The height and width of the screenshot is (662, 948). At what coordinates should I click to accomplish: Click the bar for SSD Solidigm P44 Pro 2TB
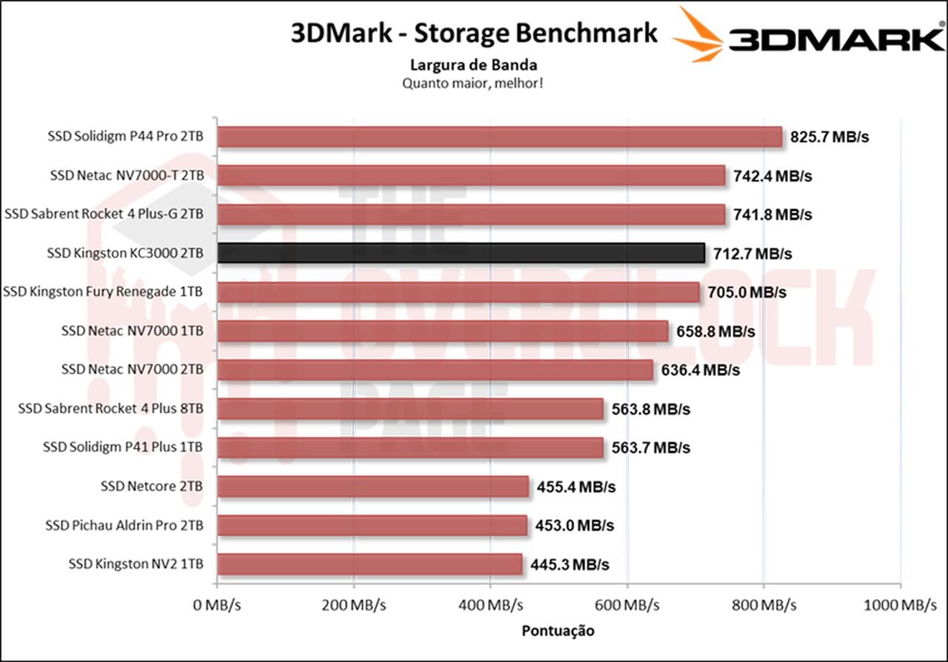[x=500, y=138]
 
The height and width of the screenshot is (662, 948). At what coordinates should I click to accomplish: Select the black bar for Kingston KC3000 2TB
[x=461, y=253]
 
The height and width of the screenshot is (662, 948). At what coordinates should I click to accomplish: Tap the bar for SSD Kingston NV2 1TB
[x=370, y=564]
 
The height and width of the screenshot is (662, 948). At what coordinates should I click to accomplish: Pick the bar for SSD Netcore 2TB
[x=373, y=487]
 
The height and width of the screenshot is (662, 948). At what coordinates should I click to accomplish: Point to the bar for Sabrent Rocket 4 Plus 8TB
[x=411, y=409]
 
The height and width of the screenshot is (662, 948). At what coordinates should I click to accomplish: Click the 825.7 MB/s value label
[x=826, y=138]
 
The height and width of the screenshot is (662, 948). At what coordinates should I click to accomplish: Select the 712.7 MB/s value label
[x=752, y=254]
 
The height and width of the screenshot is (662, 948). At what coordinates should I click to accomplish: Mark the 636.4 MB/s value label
[x=700, y=370]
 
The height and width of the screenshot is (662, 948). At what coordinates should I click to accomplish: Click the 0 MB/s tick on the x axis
[x=216, y=606]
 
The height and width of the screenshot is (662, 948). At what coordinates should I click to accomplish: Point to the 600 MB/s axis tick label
[x=627, y=606]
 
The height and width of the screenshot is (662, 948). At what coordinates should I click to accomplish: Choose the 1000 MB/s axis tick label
[x=900, y=606]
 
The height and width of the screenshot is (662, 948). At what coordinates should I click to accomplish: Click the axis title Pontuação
[x=558, y=631]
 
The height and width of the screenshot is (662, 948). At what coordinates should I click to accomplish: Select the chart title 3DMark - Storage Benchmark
[x=474, y=33]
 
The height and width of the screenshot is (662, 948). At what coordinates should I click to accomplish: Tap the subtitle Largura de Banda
[x=474, y=65]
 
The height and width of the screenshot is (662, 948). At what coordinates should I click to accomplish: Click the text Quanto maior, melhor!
[x=474, y=83]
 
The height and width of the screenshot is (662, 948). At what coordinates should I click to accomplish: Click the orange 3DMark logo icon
[x=698, y=34]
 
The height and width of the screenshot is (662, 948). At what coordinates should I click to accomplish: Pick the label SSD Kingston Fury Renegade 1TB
[x=103, y=292]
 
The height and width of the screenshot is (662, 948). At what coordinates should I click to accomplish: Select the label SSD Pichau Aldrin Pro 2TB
[x=124, y=526]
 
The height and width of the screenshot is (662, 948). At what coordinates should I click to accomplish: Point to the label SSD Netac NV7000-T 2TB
[x=127, y=176]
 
